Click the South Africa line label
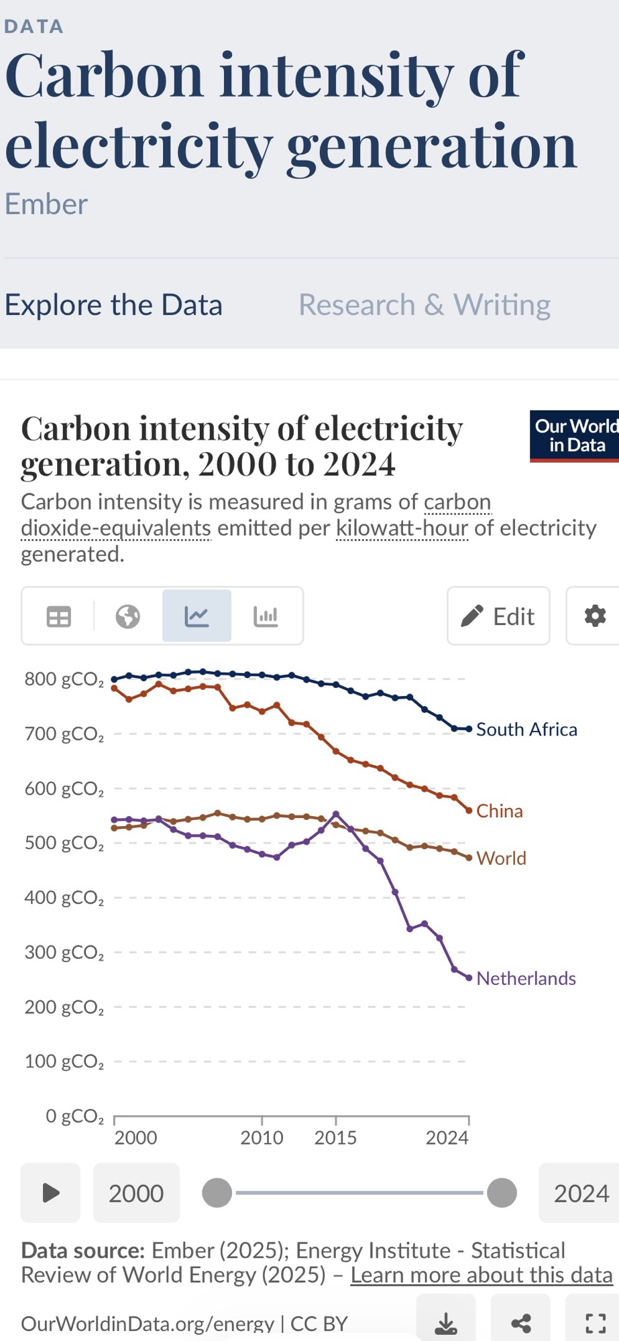[x=526, y=730]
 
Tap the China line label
[x=500, y=811]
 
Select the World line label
[x=502, y=858]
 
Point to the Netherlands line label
[x=526, y=978]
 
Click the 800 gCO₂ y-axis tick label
[x=64, y=679]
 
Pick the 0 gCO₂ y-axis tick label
[x=74, y=1116]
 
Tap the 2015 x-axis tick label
[x=335, y=1138]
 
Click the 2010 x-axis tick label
[x=262, y=1138]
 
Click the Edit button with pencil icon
[x=498, y=616]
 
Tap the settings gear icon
[x=595, y=616]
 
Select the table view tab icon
[x=58, y=616]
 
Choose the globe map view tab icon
[x=127, y=616]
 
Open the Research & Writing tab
[x=425, y=305]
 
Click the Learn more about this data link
[x=482, y=1275]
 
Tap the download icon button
[x=446, y=1323]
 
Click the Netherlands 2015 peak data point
[x=336, y=814]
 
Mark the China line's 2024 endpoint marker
[x=469, y=811]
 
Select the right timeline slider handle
[x=502, y=1193]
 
